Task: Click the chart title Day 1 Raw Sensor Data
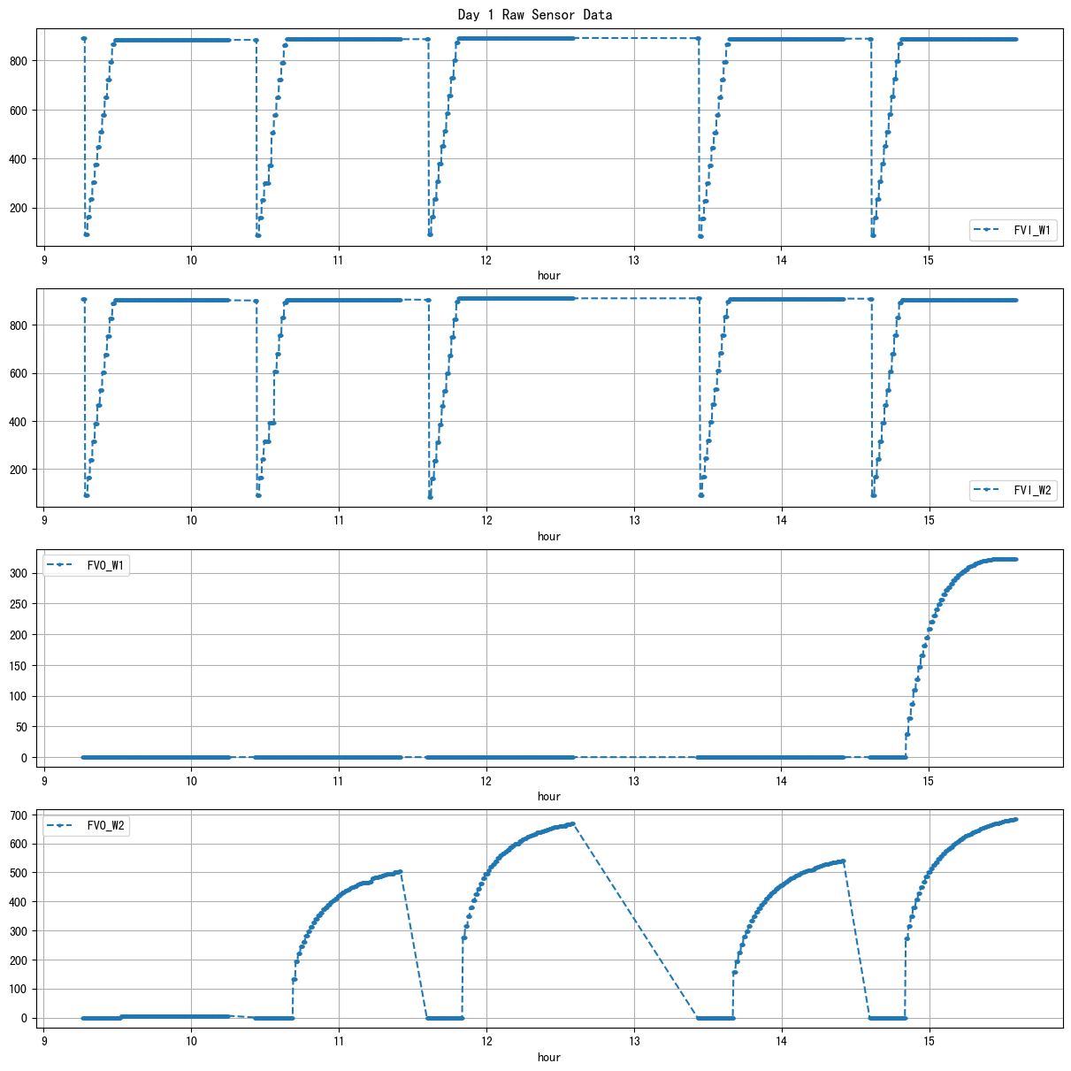coord(534,15)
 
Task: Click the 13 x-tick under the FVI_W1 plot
coord(634,261)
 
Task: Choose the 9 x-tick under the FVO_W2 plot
coord(44,1043)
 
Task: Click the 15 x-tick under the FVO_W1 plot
coord(929,782)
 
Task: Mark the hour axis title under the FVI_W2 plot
coord(549,536)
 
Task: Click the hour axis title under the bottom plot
coord(549,1057)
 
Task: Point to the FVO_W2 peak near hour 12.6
coord(573,823)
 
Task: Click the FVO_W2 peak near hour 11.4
coord(401,871)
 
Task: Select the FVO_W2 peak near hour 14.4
coord(844,861)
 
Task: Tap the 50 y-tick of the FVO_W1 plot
coord(26,727)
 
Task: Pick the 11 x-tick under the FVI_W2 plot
coord(339,522)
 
